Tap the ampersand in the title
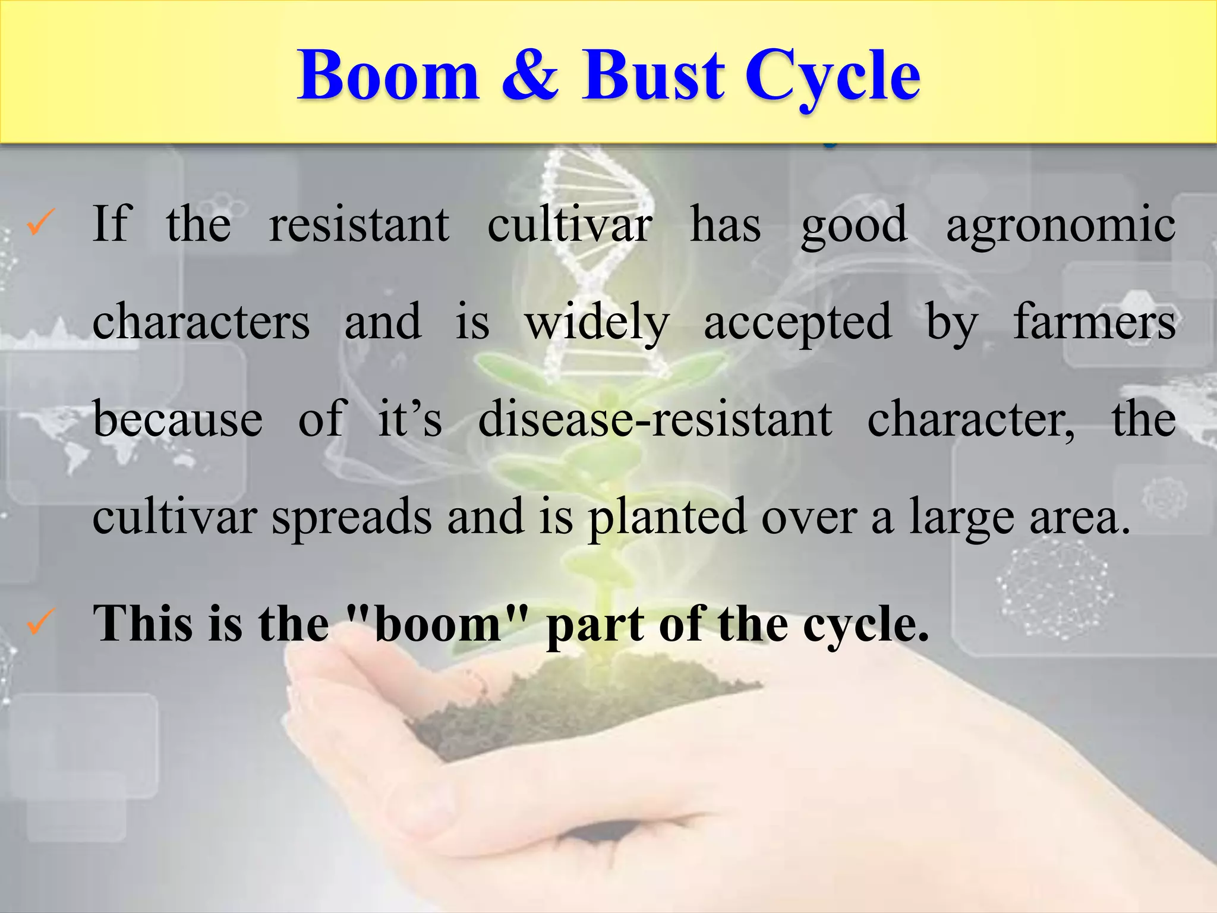click(x=529, y=76)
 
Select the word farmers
click(x=1094, y=322)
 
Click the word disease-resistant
click(x=655, y=419)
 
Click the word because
click(x=177, y=419)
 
